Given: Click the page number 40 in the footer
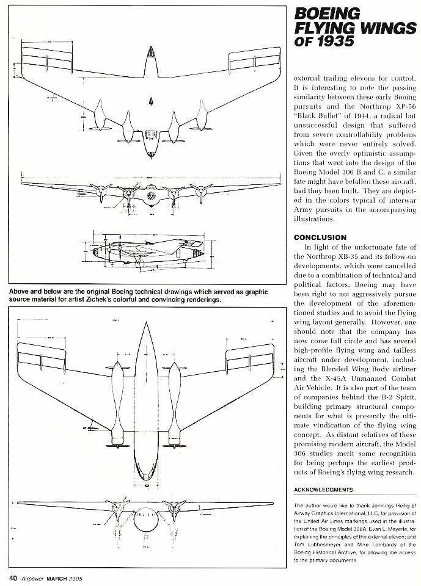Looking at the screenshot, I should [x=12, y=577].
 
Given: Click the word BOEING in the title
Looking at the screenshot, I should [x=328, y=13].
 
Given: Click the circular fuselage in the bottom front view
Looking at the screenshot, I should [x=145, y=519].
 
